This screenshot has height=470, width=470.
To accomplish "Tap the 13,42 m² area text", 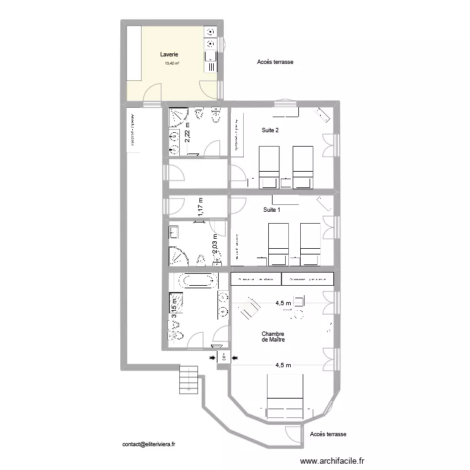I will click(172, 63).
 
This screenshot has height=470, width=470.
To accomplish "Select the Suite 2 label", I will click(270, 130).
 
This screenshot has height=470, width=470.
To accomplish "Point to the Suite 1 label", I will click(271, 209).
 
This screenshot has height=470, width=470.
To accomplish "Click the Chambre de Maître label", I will click(273, 337).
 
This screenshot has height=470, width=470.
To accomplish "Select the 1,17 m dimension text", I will click(201, 206).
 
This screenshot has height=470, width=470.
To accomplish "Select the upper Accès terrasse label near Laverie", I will click(275, 62).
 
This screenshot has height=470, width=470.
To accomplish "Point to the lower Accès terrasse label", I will click(328, 434).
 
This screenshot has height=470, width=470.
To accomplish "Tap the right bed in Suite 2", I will click(303, 166).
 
